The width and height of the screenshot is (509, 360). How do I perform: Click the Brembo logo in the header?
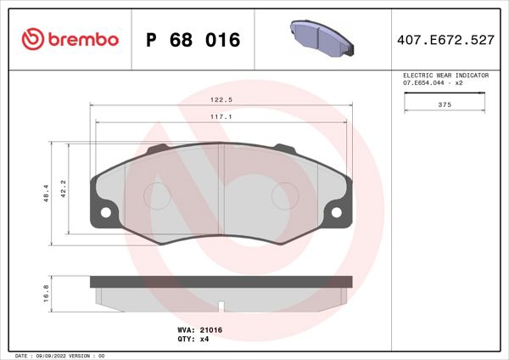(x=70, y=39)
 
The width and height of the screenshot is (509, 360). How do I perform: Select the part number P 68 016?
(x=193, y=40)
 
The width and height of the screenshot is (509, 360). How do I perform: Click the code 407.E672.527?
(x=447, y=40)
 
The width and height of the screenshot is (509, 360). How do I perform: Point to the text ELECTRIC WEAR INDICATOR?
(x=445, y=76)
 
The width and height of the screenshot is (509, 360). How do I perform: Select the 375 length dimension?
(x=445, y=104)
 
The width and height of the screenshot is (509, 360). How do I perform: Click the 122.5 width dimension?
(x=222, y=100)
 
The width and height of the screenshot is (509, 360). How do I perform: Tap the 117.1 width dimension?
(x=222, y=118)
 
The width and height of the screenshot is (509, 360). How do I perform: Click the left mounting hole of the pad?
(x=106, y=212)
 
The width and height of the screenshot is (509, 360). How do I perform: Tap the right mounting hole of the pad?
(x=337, y=212)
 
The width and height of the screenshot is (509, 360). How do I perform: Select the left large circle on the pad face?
(x=158, y=196)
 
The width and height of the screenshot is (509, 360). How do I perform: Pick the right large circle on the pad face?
(x=284, y=196)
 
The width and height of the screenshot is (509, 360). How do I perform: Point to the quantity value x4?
(x=204, y=339)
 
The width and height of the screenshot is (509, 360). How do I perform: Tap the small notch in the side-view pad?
(x=221, y=304)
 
